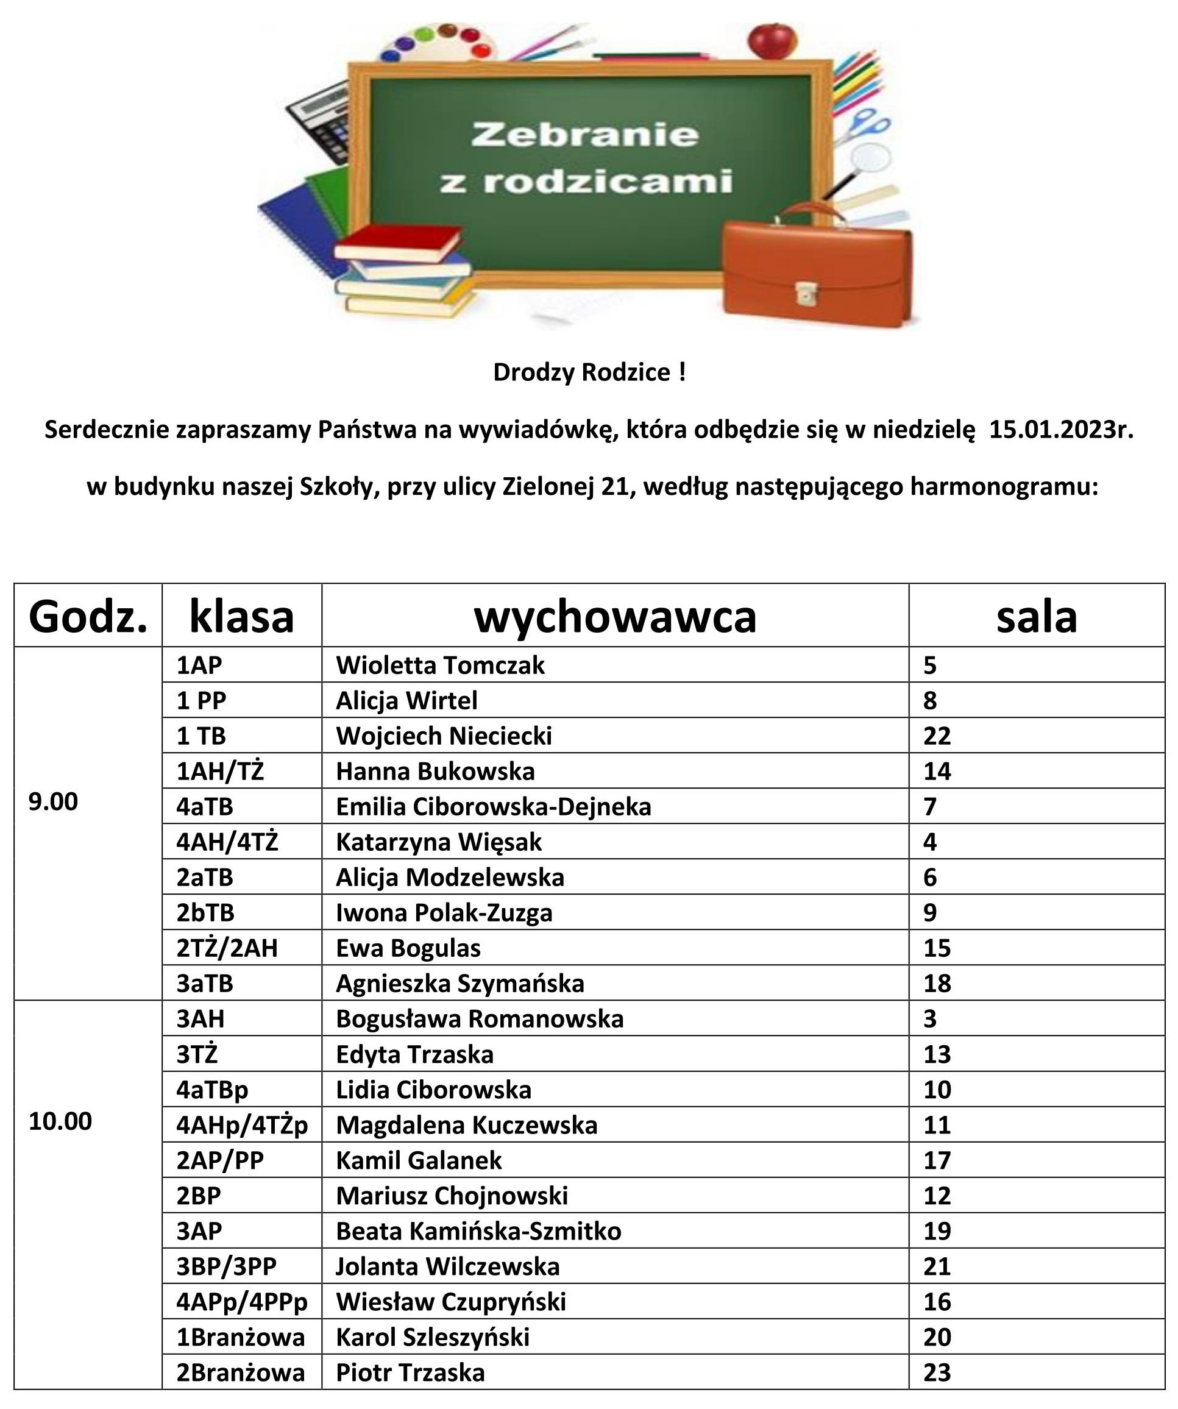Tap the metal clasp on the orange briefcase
pos(804,293)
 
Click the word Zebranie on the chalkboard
pos(584,135)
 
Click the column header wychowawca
pos(614,617)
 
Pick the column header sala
pos(1036,617)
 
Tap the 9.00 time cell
pos(53,801)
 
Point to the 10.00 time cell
pos(60,1121)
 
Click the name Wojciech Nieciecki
pos(444,736)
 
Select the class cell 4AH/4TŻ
pos(227,842)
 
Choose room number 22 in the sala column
pos(937,736)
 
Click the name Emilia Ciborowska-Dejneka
pos(493,806)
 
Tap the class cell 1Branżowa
pos(240,1337)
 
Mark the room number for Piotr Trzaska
pos(937,1373)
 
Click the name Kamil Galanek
pos(419,1160)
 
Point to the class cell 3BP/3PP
pos(226,1266)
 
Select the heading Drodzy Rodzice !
pos(589,372)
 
